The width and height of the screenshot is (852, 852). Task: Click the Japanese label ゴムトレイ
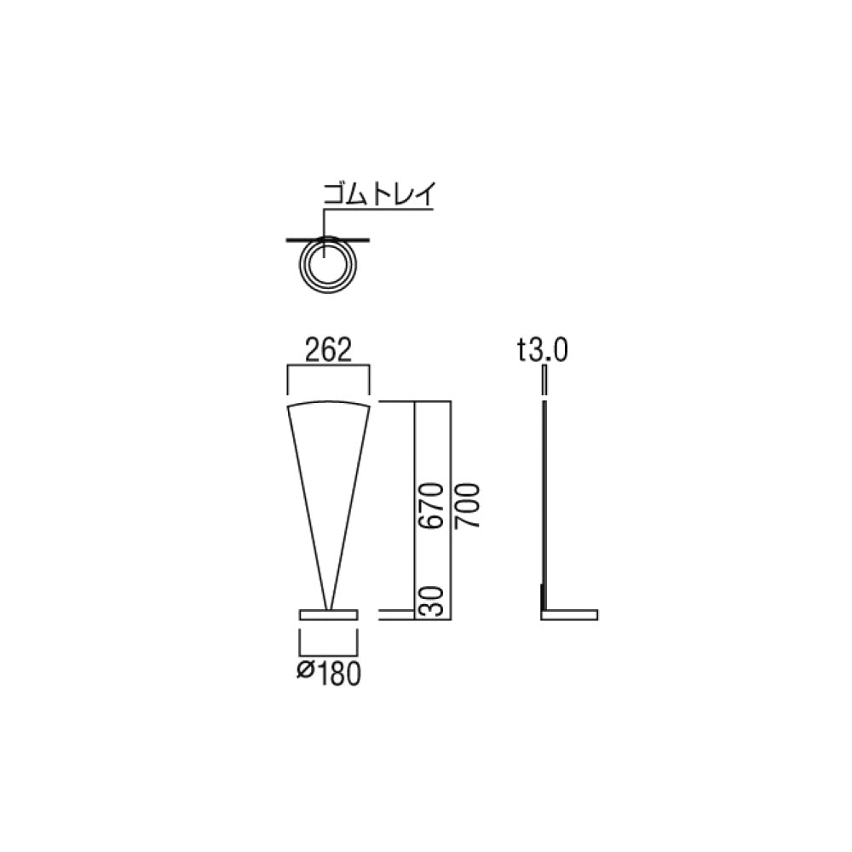(379, 193)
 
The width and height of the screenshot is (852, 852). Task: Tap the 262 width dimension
(328, 350)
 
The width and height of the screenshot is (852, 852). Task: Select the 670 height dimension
(433, 506)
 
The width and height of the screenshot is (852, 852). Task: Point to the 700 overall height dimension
(468, 506)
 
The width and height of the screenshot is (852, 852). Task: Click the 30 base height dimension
(433, 602)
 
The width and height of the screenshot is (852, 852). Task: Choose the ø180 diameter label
(329, 673)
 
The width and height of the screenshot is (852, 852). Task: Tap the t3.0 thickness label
(542, 350)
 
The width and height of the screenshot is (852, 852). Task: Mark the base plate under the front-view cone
(329, 614)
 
